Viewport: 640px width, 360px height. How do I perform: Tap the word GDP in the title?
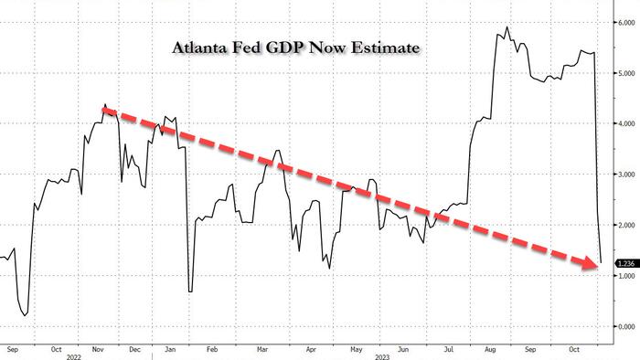pos(285,48)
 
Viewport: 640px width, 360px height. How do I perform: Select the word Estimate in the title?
pos(385,48)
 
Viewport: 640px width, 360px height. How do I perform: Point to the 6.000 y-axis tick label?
pos(626,23)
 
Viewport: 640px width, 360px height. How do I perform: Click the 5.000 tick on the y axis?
pos(626,73)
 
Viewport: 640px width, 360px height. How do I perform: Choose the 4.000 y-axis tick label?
pos(626,123)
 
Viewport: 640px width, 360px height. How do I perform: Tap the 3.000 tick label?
pos(626,175)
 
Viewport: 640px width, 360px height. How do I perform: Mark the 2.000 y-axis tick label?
pos(626,225)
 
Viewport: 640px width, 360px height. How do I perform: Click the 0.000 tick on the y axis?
pos(626,326)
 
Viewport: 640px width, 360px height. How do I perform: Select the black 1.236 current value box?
pos(626,264)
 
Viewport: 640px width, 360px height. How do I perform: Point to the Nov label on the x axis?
pos(98,349)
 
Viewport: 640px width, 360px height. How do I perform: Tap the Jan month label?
pos(170,349)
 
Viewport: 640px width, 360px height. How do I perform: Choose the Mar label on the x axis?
pos(262,349)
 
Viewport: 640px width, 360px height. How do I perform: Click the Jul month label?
pos(449,349)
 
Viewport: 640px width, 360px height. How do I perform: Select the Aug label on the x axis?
pos(490,349)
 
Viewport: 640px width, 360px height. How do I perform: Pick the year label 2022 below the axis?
pos(74,357)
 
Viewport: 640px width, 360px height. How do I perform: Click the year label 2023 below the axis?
pos(382,357)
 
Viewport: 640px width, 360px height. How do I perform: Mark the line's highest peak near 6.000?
pos(507,26)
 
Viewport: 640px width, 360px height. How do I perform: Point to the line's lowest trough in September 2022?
pos(25,315)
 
